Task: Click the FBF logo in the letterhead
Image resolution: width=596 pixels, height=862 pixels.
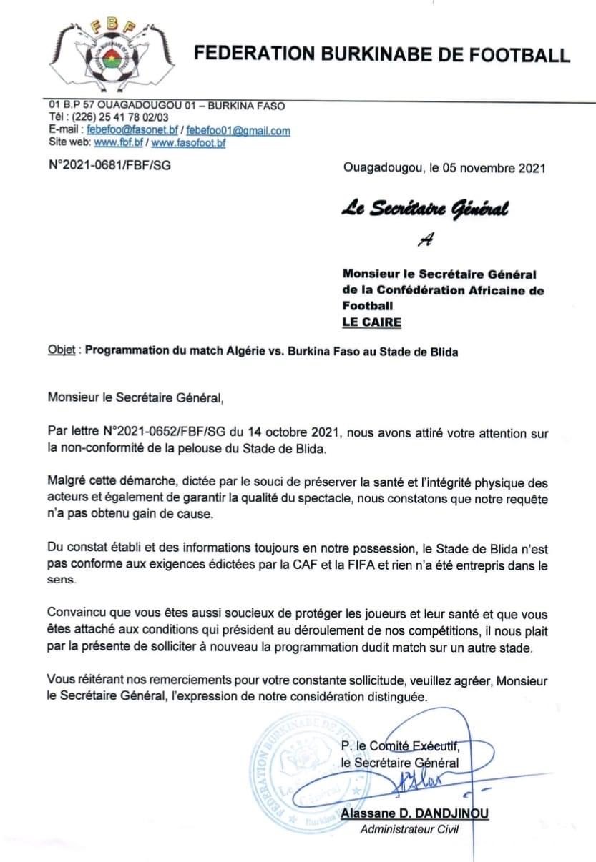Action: [115, 54]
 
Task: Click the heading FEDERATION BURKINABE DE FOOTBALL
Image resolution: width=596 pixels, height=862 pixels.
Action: [383, 55]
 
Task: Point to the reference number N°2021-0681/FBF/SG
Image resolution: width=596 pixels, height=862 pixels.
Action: [109, 165]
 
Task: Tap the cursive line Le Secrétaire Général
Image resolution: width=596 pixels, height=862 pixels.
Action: [425, 209]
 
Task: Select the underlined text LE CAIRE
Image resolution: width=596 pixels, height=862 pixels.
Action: [372, 322]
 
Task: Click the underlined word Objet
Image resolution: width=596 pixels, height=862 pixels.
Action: [62, 352]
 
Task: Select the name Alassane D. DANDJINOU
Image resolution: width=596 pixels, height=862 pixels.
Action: [415, 814]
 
